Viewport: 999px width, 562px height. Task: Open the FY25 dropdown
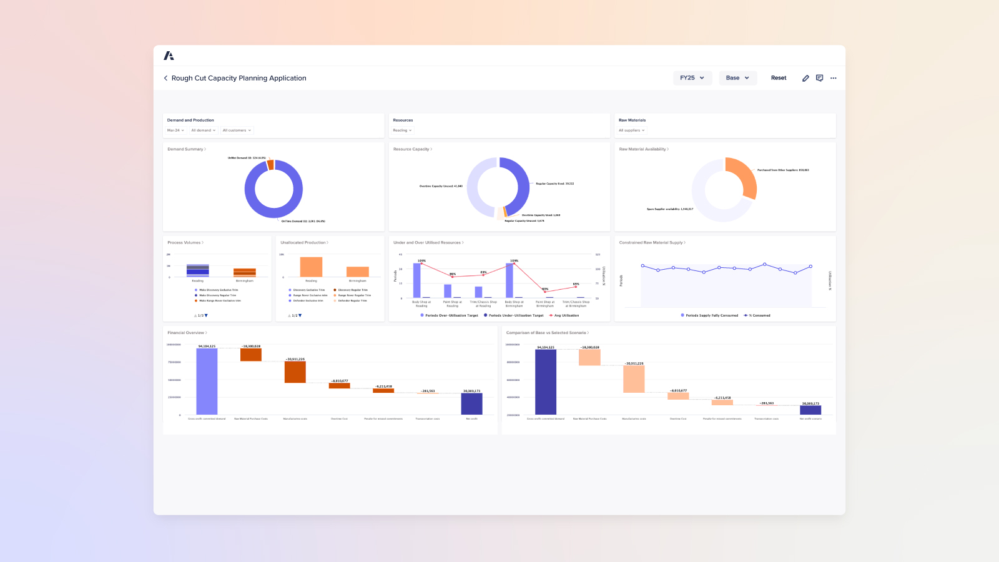point(692,78)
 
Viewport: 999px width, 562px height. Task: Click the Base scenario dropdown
point(737,78)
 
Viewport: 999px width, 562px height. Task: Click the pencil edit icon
point(805,78)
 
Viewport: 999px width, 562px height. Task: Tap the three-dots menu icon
point(834,78)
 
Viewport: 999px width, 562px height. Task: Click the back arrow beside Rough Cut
point(165,78)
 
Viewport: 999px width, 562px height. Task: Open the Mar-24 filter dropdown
point(175,131)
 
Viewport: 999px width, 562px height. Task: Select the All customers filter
point(237,131)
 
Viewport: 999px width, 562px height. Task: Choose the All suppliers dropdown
point(631,131)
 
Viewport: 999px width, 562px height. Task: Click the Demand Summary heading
point(186,149)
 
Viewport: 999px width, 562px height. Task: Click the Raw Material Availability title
point(643,149)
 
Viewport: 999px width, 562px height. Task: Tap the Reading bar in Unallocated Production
point(311,267)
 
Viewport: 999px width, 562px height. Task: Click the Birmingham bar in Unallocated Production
point(358,272)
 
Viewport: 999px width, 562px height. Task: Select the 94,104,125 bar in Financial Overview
point(207,381)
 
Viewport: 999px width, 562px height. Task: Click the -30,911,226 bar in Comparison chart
point(634,379)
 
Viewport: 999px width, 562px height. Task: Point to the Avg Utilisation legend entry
point(566,315)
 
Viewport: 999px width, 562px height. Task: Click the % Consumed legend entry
point(759,315)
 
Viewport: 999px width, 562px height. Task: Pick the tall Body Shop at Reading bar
point(417,280)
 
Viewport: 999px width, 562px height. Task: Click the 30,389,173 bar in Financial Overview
point(471,403)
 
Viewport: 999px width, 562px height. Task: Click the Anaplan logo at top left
point(169,56)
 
